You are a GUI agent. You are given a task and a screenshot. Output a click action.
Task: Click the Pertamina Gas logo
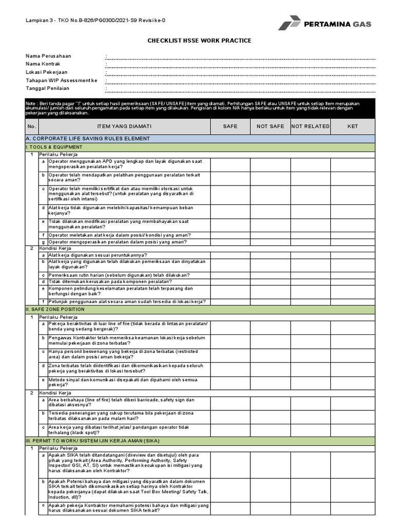324,24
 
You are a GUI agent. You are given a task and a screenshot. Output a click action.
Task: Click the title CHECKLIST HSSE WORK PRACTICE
200,41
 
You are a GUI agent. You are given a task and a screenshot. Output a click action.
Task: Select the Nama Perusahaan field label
49,56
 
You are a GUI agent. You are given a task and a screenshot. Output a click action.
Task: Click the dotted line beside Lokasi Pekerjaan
240,73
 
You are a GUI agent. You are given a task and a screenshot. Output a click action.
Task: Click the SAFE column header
230,126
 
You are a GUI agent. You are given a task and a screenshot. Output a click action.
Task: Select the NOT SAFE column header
270,126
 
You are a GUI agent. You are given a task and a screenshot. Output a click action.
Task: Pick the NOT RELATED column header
310,126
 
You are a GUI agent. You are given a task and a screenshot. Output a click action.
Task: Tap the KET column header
352,126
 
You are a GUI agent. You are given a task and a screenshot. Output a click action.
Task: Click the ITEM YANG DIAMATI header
125,126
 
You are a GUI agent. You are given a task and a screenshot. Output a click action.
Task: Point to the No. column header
32,126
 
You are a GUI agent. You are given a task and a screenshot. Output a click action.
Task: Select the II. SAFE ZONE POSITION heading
55,310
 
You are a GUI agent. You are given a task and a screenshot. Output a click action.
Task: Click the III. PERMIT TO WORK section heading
92,441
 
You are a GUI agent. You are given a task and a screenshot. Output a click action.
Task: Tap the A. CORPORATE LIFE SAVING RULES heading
88,139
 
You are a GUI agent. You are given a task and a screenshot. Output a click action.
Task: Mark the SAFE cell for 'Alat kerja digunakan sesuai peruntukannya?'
230,255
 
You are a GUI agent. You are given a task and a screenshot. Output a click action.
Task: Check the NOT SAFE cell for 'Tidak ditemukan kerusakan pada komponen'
270,281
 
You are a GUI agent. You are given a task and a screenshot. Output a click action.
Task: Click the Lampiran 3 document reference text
96,21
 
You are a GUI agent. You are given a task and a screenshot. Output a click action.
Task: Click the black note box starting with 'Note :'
200,109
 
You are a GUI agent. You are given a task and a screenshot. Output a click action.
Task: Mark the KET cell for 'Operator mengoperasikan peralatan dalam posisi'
352,242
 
